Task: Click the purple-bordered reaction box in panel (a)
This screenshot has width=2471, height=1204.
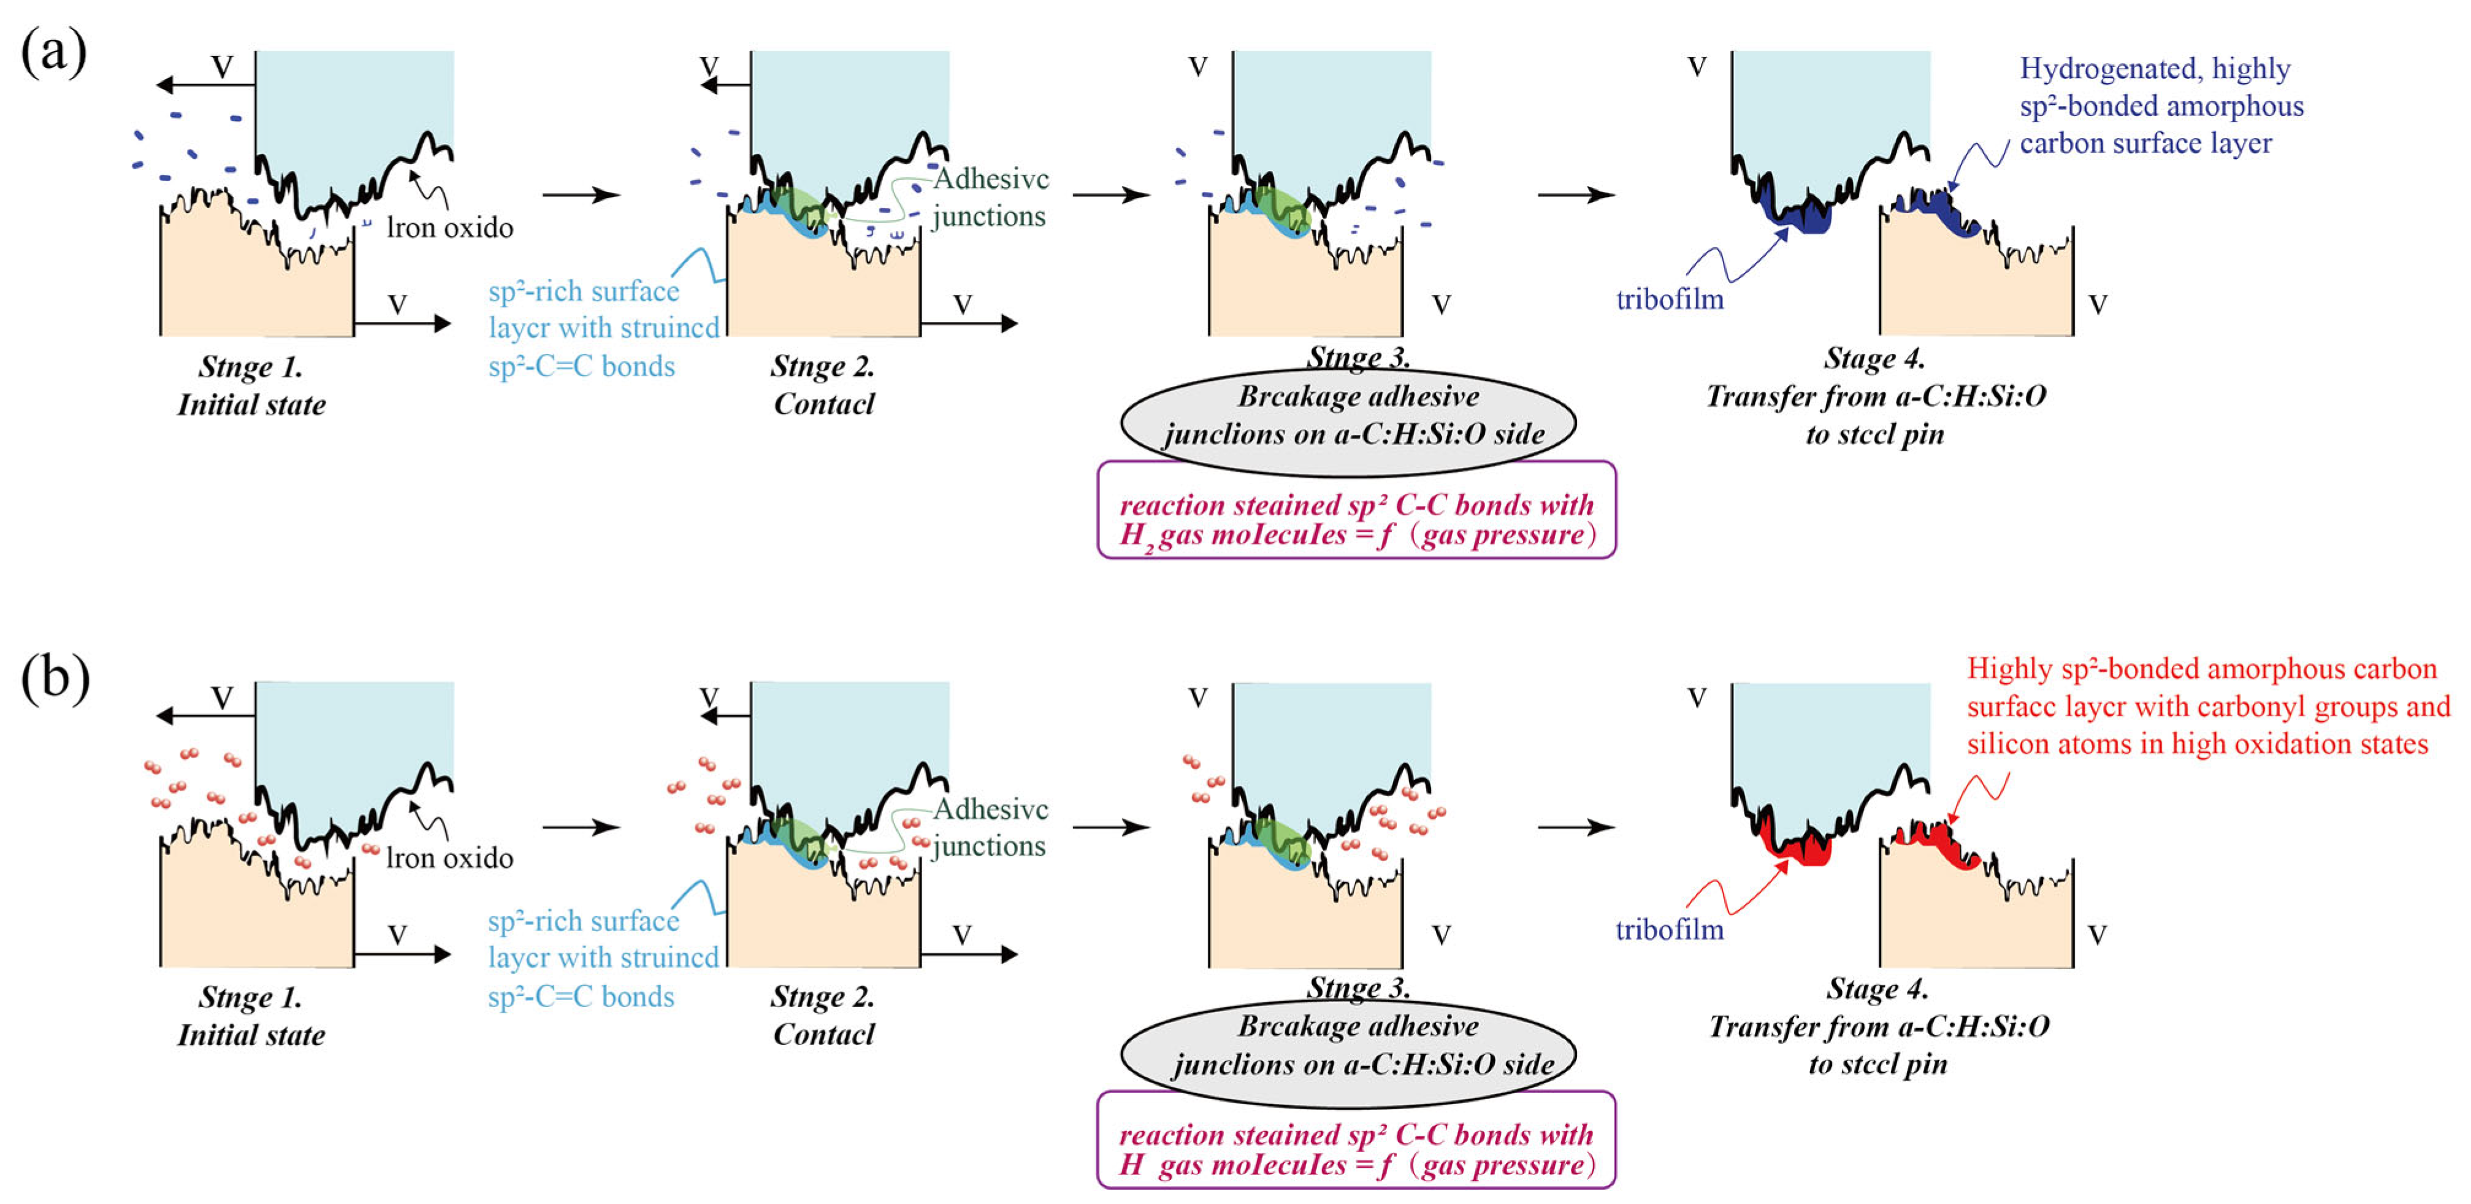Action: click(x=1356, y=519)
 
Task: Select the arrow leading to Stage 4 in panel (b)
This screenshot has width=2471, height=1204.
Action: click(x=1576, y=826)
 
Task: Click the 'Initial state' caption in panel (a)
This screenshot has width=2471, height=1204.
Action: click(x=251, y=405)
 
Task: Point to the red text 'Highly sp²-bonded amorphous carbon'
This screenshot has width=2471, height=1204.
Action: click(x=2201, y=669)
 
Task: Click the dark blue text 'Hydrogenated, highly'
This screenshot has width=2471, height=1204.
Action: click(x=2155, y=69)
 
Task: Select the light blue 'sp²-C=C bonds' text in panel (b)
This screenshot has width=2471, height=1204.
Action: click(x=581, y=997)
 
